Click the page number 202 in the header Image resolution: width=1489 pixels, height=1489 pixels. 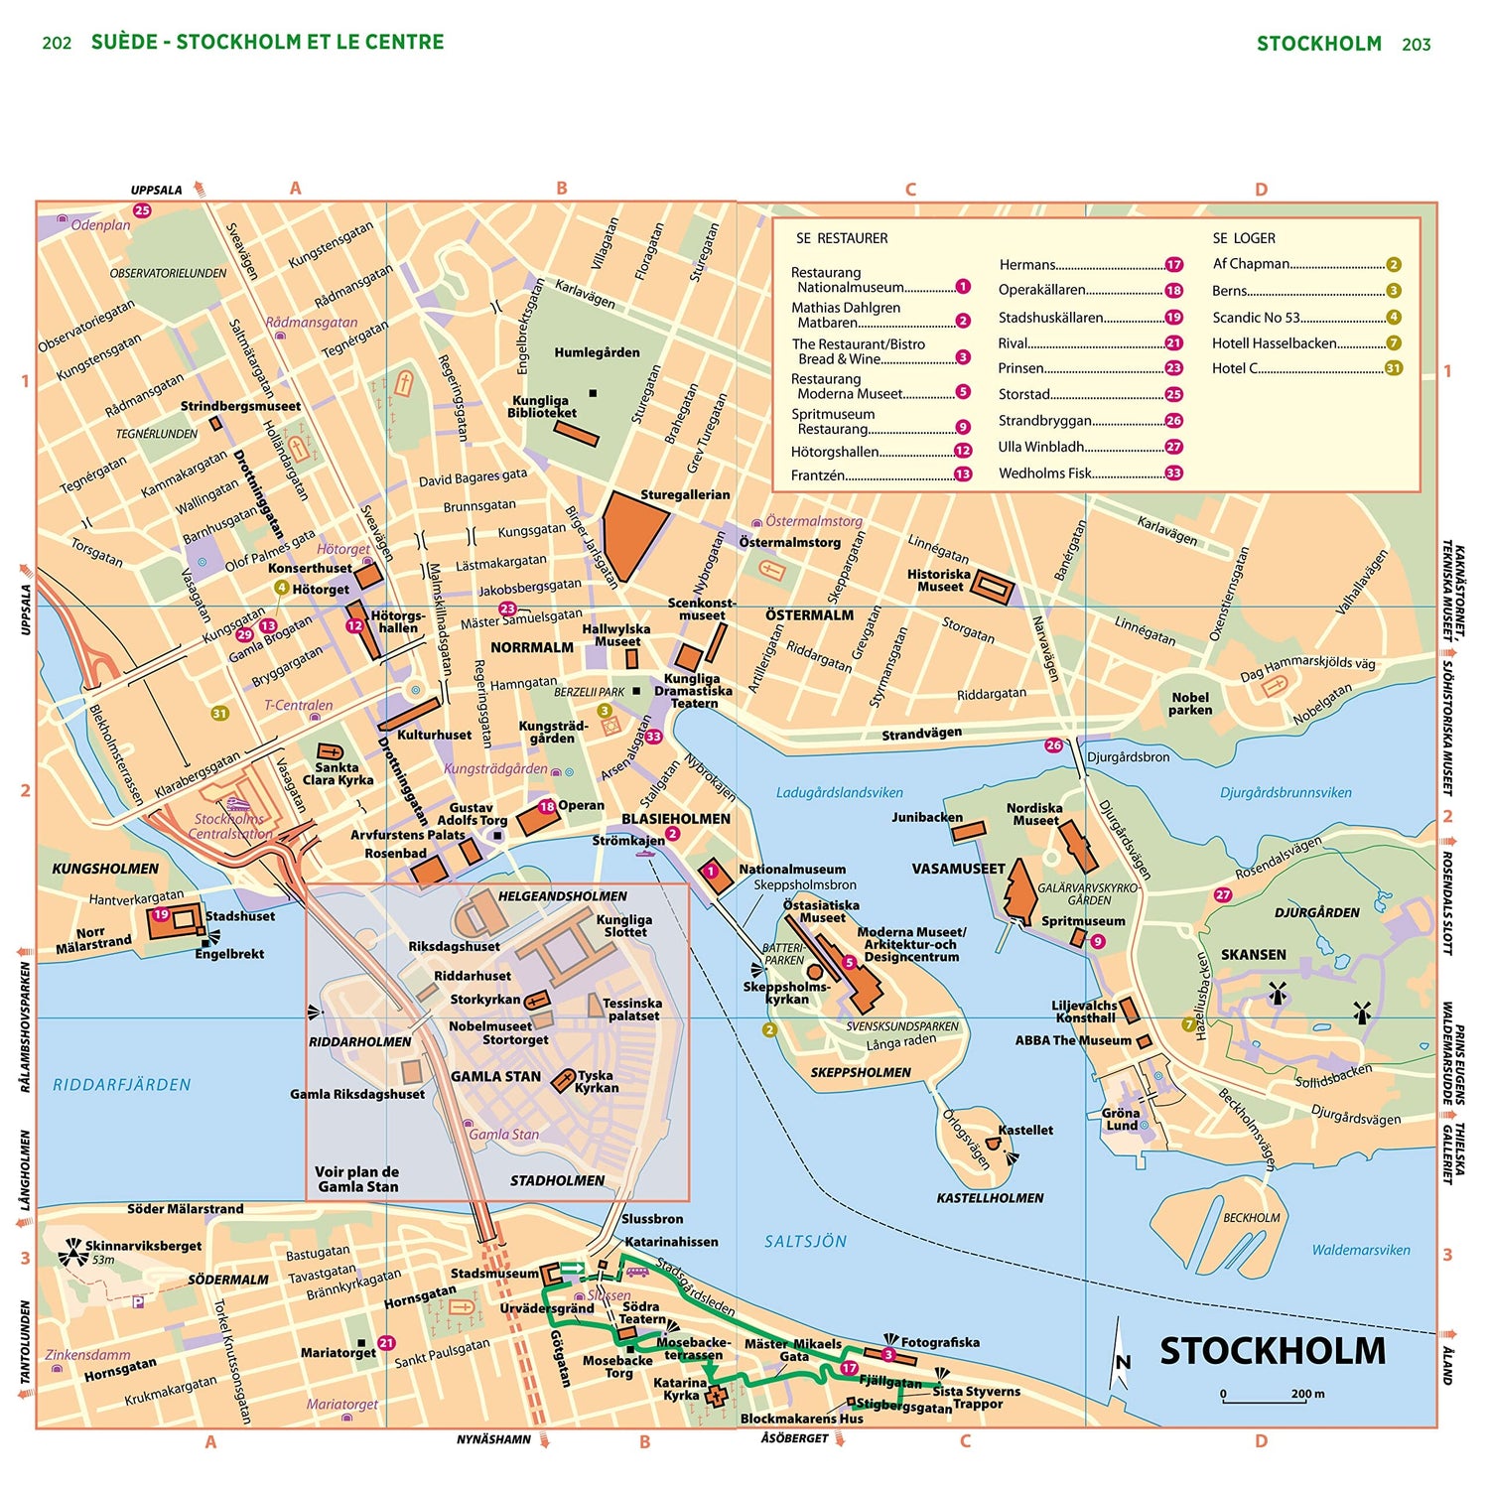[x=57, y=43]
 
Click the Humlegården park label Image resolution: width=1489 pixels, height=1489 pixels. [x=597, y=352]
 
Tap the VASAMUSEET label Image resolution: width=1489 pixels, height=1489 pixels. [x=958, y=869]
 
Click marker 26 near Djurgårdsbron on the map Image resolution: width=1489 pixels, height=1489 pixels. [x=1053, y=744]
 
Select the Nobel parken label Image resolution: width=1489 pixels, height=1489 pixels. [x=1190, y=704]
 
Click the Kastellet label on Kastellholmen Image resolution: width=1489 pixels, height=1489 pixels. [x=1025, y=1130]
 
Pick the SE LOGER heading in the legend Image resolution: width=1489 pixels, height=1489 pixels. [x=1243, y=238]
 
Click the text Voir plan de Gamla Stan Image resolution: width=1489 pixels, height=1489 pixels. [x=357, y=1179]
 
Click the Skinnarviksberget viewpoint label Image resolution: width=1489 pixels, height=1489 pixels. [x=143, y=1246]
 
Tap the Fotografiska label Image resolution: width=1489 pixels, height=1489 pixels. [x=939, y=1342]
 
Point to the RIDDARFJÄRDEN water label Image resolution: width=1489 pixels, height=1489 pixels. [x=121, y=1085]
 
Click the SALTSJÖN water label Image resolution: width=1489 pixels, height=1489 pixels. [x=805, y=1241]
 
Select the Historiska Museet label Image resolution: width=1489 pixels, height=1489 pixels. [x=938, y=581]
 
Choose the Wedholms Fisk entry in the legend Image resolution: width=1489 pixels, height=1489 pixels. [x=1044, y=474]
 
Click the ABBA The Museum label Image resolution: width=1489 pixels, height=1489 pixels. [x=1072, y=1040]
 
